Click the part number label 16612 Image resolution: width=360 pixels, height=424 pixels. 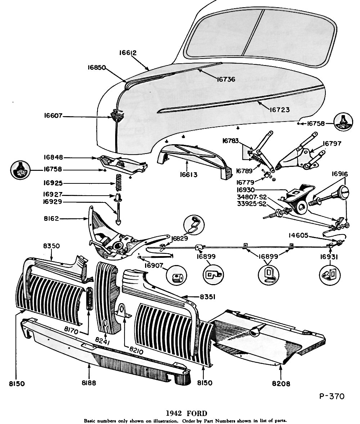pos(128,53)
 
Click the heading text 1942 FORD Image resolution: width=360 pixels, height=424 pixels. pos(186,413)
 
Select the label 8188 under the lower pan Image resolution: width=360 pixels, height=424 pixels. pos(89,383)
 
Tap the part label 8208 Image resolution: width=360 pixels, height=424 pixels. pos(281,384)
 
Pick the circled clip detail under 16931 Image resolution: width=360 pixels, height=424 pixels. pos(330,275)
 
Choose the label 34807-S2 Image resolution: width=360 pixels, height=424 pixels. pos(252,197)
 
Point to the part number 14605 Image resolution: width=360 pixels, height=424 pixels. pos(298,236)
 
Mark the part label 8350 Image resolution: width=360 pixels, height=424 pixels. pos(51,246)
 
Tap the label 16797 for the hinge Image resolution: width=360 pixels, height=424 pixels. pos(332,143)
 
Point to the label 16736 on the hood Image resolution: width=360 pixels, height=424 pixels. pos(226,79)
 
